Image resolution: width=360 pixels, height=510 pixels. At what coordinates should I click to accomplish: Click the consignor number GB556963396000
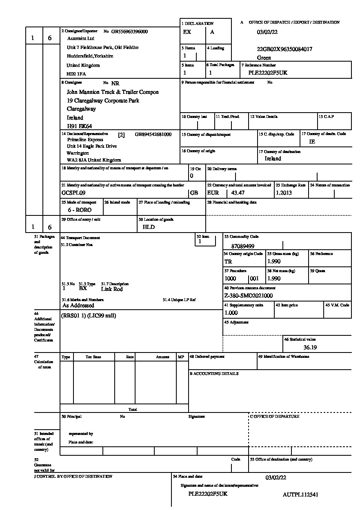[x=129, y=31]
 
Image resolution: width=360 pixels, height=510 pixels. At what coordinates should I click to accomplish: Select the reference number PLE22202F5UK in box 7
[x=268, y=73]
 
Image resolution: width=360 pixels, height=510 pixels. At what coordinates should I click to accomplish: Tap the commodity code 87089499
[x=242, y=246]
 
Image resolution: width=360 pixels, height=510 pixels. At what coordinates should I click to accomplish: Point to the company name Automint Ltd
[x=80, y=38]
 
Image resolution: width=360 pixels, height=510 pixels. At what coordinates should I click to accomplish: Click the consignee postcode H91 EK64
[x=79, y=126]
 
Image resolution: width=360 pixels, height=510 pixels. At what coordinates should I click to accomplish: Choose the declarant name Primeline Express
[x=85, y=140]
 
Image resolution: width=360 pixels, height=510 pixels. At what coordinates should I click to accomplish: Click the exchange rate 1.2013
[x=284, y=193]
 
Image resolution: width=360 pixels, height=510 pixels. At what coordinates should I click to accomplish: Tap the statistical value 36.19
[x=310, y=348]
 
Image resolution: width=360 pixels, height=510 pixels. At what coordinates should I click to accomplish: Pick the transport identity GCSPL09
[x=73, y=193]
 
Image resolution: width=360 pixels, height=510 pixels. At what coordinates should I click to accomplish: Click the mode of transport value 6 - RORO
[x=80, y=210]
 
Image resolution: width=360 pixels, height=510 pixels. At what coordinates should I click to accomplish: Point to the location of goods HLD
[x=149, y=227]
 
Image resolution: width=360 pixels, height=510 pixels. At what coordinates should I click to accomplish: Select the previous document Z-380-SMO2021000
[x=249, y=295]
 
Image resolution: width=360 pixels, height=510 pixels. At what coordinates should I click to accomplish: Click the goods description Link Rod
[x=112, y=289]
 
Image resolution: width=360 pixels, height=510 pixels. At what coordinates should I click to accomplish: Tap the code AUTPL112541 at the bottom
[x=300, y=494]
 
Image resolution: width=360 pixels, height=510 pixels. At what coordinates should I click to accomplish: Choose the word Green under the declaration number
[x=264, y=58]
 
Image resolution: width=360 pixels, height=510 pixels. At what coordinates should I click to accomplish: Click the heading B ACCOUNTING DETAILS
[x=214, y=373]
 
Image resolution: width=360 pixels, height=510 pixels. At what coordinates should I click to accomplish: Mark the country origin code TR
[x=228, y=262]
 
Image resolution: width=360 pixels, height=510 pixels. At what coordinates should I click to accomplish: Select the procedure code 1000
[x=230, y=279]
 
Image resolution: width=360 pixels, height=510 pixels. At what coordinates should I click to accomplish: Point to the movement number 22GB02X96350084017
[x=284, y=49]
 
